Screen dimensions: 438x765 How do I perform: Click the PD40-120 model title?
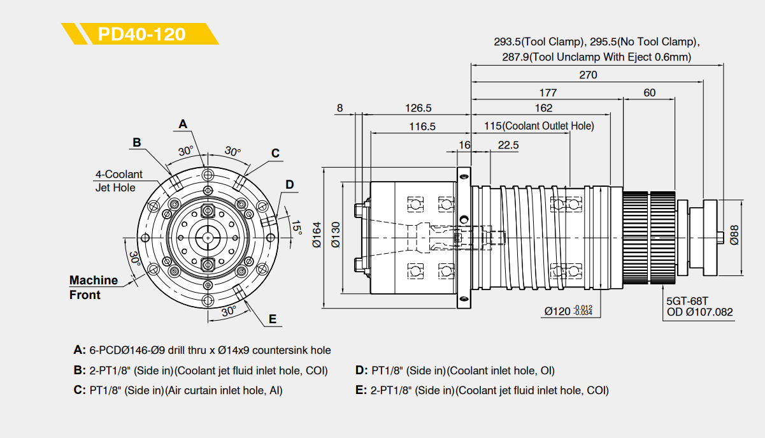click(141, 34)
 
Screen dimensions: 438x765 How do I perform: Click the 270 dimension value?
click(588, 75)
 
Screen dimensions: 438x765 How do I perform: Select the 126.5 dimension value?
click(418, 108)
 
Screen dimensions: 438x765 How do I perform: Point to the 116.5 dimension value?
click(422, 126)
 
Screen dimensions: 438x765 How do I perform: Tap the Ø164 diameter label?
click(317, 234)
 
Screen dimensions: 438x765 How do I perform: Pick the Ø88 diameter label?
click(734, 234)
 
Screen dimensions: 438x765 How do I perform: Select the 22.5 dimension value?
click(508, 145)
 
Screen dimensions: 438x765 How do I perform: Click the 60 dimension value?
click(649, 92)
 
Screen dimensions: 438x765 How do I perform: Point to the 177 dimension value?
click(548, 92)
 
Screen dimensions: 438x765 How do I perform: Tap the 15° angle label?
click(296, 227)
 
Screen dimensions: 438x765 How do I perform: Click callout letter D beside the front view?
click(290, 185)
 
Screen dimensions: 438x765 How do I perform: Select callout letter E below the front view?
click(273, 319)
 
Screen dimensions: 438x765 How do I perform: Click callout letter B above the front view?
click(136, 142)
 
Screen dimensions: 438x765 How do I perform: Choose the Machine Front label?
click(94, 288)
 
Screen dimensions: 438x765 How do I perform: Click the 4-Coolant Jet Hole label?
click(118, 180)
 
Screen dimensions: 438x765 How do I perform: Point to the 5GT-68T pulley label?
click(687, 300)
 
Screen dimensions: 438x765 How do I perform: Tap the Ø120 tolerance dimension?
click(570, 312)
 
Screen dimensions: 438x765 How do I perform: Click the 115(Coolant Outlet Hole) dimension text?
click(538, 126)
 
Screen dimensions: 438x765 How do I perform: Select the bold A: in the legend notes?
click(80, 350)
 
